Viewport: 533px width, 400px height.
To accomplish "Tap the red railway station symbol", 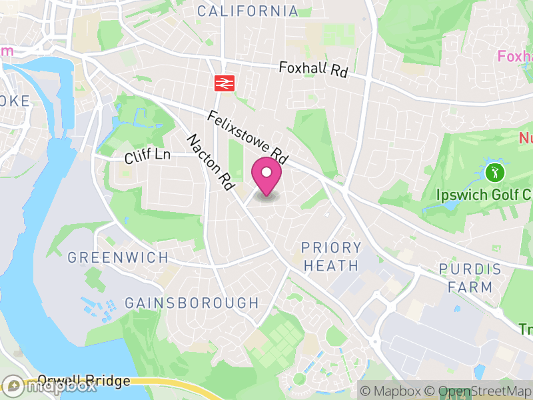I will click(x=223, y=83).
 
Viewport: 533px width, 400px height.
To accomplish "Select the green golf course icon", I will click(x=494, y=173).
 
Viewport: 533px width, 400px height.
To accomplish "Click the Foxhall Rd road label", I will click(x=313, y=69).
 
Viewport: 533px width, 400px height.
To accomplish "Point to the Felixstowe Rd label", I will click(x=247, y=138).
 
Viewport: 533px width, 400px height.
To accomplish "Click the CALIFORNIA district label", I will click(x=248, y=11).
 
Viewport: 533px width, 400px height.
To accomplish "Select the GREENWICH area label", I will click(x=118, y=257).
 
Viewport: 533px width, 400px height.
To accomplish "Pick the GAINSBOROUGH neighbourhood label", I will click(x=192, y=303).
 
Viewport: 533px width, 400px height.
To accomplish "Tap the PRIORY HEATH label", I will click(x=331, y=257).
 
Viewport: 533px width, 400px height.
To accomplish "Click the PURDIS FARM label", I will click(x=470, y=278).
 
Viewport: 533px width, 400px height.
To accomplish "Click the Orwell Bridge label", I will click(x=84, y=381).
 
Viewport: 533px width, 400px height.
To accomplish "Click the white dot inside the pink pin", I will click(x=266, y=173).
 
